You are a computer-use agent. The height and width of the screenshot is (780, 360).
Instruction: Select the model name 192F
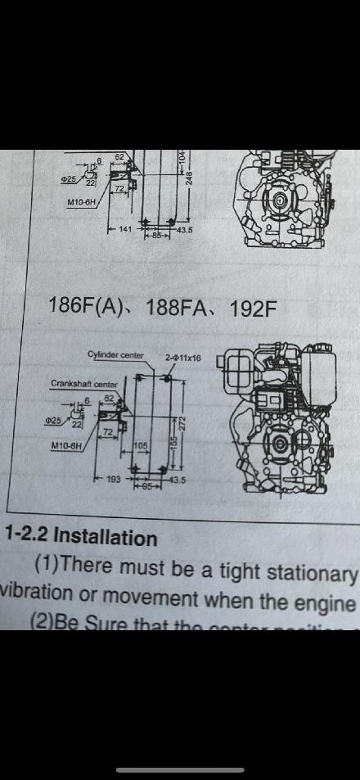pyautogui.click(x=253, y=308)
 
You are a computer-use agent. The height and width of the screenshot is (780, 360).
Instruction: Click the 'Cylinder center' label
pyautogui.click(x=115, y=355)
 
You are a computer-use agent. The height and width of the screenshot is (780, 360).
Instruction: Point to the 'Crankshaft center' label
pyautogui.click(x=84, y=383)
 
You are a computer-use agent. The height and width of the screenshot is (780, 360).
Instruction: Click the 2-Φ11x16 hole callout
pyautogui.click(x=183, y=358)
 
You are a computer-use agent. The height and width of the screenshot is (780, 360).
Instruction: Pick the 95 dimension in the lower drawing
pyautogui.click(x=148, y=485)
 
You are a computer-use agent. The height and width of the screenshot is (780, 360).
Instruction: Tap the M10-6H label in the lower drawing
pyautogui.click(x=66, y=446)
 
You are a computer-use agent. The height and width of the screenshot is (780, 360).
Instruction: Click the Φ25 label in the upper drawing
pyautogui.click(x=71, y=178)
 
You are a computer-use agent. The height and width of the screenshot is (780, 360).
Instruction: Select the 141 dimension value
pyautogui.click(x=124, y=229)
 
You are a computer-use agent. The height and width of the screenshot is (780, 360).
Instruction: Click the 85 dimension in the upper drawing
pyautogui.click(x=159, y=236)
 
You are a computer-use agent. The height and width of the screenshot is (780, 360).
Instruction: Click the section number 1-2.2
pyautogui.click(x=26, y=538)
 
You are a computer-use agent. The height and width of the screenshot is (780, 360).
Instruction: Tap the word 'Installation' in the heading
pyautogui.click(x=105, y=538)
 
